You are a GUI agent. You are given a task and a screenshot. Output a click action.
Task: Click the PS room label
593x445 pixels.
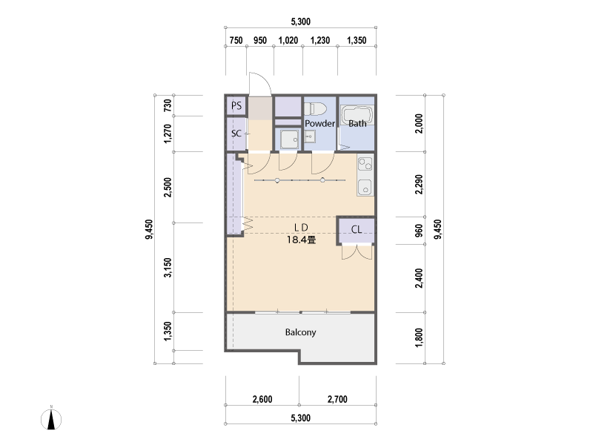[236, 105]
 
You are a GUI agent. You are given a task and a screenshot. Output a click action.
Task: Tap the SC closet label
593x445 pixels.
[236, 133]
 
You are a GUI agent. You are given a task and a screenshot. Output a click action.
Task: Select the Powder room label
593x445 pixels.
[319, 123]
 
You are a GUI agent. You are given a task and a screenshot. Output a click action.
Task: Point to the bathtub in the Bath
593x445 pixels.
[357, 114]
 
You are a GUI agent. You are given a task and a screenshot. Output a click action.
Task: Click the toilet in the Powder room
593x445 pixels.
[314, 109]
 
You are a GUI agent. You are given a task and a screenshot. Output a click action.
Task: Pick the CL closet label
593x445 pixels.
[357, 229]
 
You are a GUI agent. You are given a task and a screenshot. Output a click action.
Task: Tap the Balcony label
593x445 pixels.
[300, 332]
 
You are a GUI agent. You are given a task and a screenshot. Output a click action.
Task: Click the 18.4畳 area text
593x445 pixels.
[301, 240]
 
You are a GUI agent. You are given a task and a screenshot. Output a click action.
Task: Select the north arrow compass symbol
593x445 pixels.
[51, 418]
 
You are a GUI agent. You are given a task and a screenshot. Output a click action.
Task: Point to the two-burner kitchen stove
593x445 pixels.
[365, 163]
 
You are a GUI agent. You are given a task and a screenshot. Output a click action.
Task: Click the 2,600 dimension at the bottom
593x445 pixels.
[262, 399]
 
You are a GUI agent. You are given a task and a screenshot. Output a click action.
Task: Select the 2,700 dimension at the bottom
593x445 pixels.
[337, 399]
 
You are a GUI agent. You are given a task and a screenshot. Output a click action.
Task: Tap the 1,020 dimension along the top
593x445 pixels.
[288, 40]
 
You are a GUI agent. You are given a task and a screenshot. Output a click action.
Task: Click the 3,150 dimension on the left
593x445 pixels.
[168, 268]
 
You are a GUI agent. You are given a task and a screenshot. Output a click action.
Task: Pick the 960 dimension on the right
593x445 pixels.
[419, 231]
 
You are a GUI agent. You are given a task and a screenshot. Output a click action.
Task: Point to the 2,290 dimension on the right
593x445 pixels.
[419, 184]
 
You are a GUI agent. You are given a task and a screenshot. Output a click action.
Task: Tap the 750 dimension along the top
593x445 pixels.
[236, 40]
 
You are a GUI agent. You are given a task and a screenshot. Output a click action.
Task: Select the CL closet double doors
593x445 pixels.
[357, 252]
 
